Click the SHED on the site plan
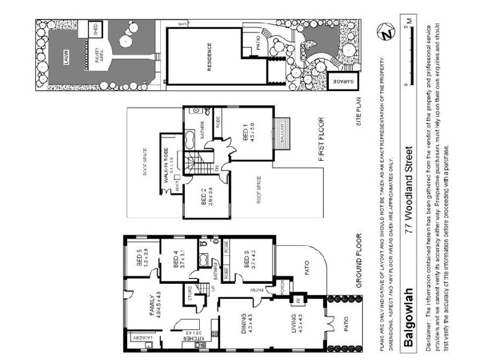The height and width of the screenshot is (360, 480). [x=94, y=30]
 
